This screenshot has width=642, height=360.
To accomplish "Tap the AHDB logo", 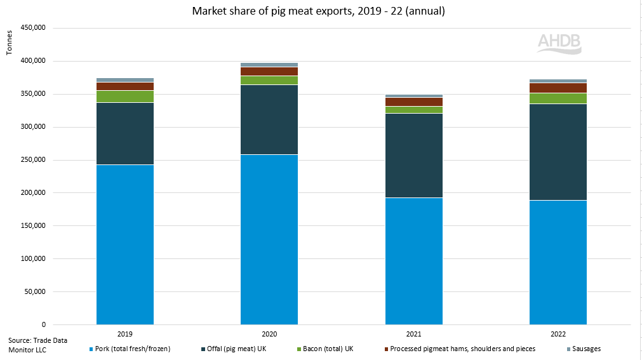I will click(559, 43).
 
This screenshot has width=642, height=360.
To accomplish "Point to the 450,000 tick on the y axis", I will click(34, 29).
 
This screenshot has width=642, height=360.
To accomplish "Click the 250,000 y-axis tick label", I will click(34, 160).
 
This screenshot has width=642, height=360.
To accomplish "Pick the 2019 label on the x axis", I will click(125, 333).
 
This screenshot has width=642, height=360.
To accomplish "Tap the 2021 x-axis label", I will click(413, 333).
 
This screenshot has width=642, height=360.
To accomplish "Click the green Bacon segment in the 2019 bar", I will click(125, 97).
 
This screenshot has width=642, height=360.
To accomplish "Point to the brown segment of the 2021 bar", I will click(413, 102).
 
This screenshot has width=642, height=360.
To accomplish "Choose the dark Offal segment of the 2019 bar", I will click(125, 133).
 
